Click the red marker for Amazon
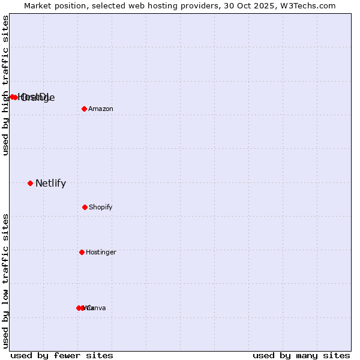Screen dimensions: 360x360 [85, 109]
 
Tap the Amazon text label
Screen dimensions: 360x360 [101, 109]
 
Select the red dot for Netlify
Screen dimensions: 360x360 [30, 183]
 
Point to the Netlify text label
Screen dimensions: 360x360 [50, 184]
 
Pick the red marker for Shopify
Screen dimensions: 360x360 [85, 207]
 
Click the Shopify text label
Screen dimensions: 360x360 [101, 207]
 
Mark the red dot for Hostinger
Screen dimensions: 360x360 [82, 252]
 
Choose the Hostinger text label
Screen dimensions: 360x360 [101, 252]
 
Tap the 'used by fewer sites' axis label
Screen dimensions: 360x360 [62, 355]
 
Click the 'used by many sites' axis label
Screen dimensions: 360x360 [301, 355]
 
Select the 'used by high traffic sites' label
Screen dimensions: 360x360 [5, 85]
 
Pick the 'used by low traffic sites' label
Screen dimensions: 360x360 [5, 281]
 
